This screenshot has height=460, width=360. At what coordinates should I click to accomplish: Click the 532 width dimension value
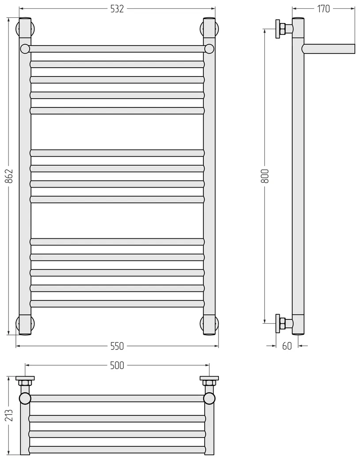(117, 9)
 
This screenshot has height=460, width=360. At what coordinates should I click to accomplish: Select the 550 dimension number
(117, 346)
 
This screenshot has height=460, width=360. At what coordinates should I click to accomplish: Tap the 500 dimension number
(117, 365)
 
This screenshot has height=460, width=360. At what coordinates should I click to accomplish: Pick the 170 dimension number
(323, 9)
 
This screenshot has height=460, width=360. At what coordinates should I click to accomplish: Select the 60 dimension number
(287, 346)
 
